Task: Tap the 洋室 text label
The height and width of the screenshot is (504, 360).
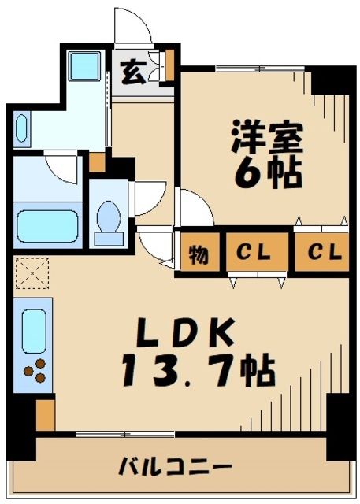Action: coord(265,139)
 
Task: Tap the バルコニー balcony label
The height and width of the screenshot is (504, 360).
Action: coord(175,466)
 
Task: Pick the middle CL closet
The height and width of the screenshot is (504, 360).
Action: coord(255,254)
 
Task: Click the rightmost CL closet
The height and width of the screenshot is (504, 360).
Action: coord(324,254)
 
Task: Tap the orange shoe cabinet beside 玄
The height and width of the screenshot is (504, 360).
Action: coord(169,66)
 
